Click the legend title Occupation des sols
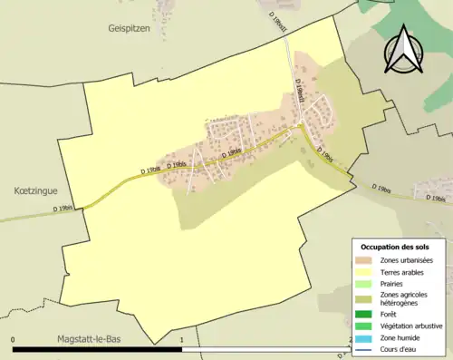[x=395, y=247]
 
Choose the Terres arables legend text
[x=402, y=272]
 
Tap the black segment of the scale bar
[x=98, y=349]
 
